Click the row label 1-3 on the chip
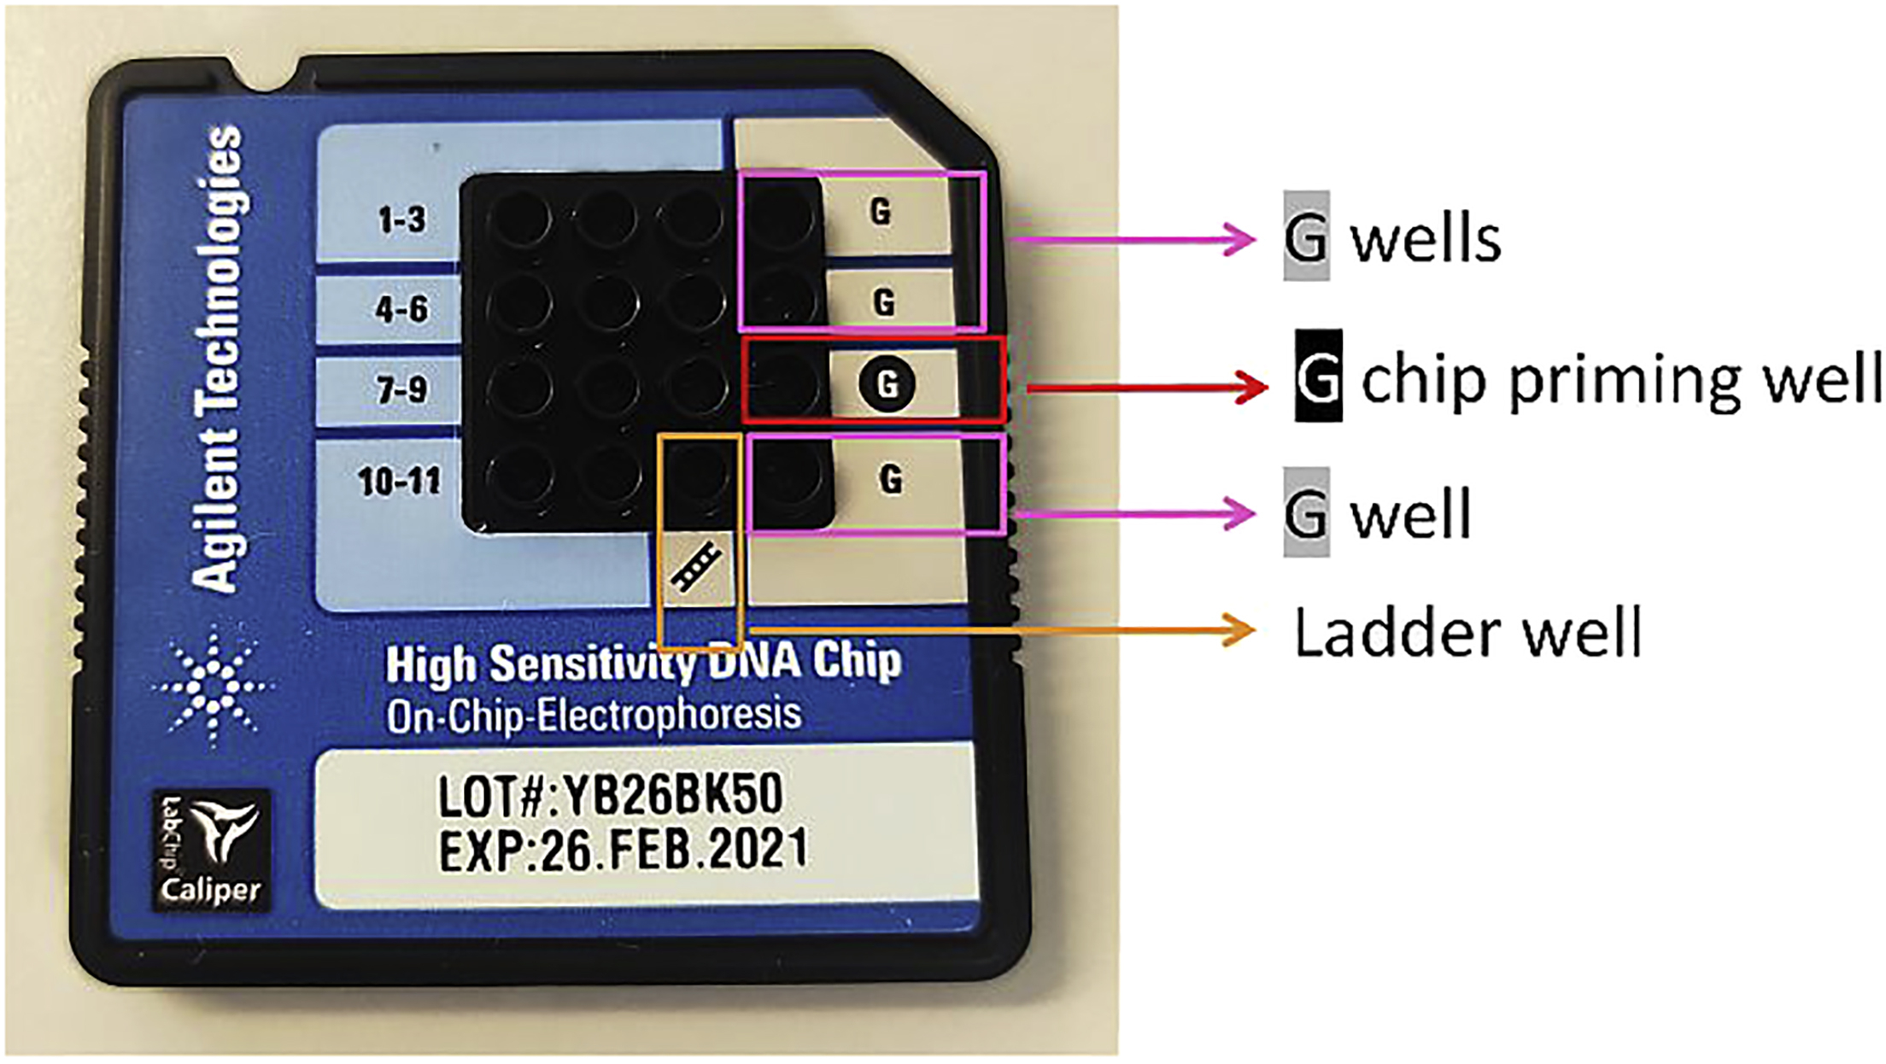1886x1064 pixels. point(401,219)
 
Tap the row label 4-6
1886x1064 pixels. point(401,308)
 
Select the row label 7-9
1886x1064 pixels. point(401,389)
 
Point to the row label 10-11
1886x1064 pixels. point(399,481)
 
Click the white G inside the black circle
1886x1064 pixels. point(887,385)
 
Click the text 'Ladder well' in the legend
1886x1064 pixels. point(1467,634)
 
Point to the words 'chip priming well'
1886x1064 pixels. point(1619,379)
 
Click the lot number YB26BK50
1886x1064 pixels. point(670,796)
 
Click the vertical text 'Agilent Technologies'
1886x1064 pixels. point(217,359)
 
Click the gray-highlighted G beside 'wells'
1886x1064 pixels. point(1306,237)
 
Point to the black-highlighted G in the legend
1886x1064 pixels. point(1318,376)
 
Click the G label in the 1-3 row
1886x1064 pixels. point(881,210)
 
